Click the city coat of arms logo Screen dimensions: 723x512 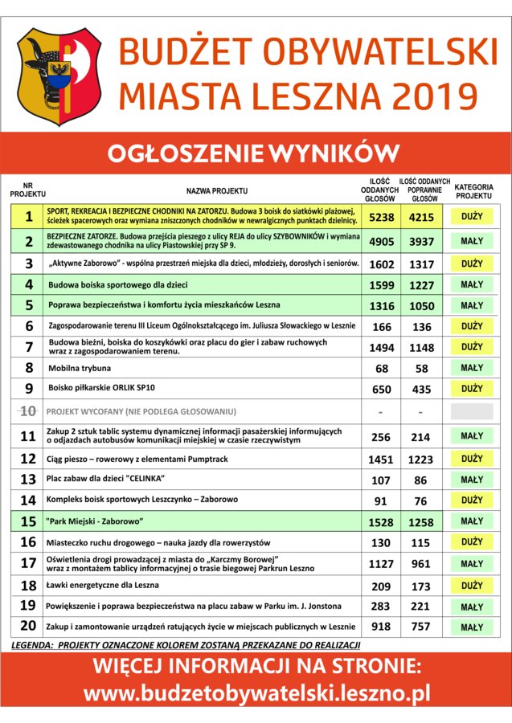coord(59,76)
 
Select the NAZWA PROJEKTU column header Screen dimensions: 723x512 coord(216,191)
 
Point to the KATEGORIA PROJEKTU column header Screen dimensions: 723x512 coord(474,191)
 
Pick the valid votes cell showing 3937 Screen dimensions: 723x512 coord(421,242)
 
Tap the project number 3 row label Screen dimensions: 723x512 coord(28,263)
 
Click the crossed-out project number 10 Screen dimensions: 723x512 coord(28,411)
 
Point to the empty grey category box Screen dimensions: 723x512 coord(472,411)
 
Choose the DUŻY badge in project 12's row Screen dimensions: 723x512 coord(472,459)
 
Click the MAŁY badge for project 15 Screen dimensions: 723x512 coord(472,521)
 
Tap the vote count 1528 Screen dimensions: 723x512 coord(381,522)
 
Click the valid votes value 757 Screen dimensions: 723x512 coord(421,627)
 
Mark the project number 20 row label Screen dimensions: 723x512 coord(28,627)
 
